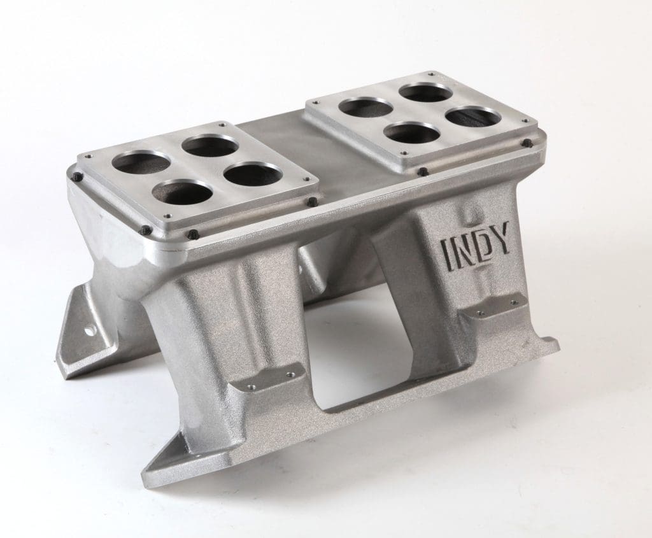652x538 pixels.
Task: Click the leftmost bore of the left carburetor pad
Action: coord(141,162)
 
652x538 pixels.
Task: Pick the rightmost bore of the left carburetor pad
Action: coord(253,174)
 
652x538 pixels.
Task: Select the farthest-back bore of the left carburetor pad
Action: coord(209,146)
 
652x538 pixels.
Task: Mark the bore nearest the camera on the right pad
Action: coord(412,133)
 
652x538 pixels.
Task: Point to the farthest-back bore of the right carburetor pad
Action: coord(425,93)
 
